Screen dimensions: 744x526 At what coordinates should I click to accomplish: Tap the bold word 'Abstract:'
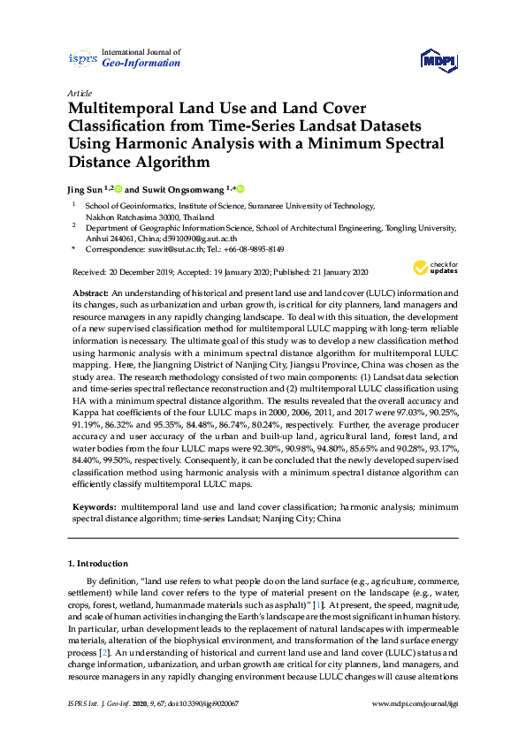[90, 292]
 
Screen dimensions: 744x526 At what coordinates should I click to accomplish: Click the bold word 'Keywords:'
[94, 509]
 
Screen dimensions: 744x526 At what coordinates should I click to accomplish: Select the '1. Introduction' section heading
[98, 564]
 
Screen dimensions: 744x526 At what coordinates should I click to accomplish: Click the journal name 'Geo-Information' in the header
[141, 64]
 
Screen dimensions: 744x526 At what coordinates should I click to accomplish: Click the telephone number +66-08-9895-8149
[253, 250]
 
